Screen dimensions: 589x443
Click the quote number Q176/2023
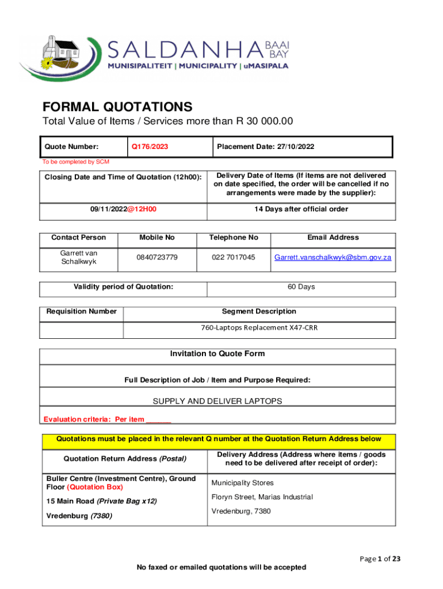150,147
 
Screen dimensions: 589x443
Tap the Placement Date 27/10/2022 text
265,147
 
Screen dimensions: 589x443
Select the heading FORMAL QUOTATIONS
117,107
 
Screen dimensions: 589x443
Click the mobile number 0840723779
157,257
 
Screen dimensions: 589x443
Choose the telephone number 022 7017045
234,257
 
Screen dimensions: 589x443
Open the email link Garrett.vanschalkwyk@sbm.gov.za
333,257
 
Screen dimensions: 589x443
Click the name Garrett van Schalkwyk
79,257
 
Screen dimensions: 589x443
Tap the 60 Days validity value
301,286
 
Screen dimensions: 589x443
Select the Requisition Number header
82,312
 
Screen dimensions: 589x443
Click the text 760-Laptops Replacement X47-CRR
259,328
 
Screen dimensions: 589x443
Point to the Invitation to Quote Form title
217,354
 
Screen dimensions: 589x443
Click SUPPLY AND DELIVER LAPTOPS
217,401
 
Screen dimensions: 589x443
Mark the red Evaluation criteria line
107,419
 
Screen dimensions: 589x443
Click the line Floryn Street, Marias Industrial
262,497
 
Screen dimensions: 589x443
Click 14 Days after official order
301,209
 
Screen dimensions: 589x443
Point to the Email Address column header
333,238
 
